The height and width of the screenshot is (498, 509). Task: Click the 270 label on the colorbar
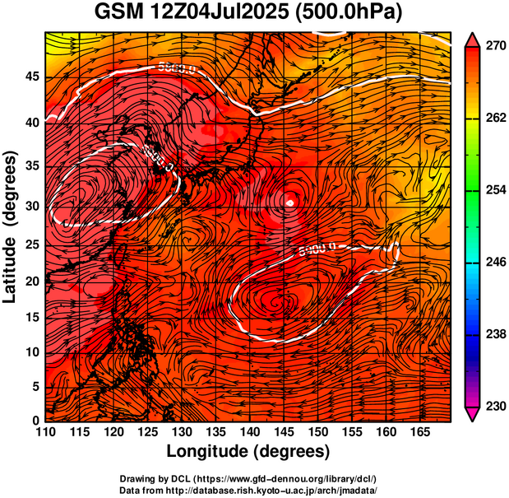point(493,47)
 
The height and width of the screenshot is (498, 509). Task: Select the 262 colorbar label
point(493,119)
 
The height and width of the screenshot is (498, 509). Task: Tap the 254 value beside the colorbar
point(493,190)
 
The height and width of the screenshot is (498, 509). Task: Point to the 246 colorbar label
point(493,262)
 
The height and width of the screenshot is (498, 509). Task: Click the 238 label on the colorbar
point(493,334)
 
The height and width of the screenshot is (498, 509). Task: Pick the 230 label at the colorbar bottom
point(493,406)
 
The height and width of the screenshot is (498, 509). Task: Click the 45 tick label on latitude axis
point(30,76)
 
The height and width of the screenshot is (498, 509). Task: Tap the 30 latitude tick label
point(30,206)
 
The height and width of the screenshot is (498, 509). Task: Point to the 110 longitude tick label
point(45,432)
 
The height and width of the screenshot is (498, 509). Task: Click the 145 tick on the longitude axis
point(284,432)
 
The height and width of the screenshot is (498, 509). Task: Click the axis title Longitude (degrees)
point(248,451)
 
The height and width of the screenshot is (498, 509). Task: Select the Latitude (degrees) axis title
point(12,226)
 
